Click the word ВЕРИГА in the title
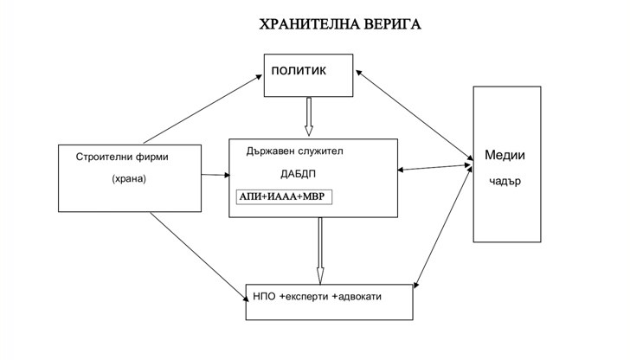[390, 23]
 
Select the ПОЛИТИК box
[310, 76]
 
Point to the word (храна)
[130, 179]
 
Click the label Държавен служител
[294, 151]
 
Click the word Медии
[505, 156]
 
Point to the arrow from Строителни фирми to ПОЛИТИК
[203, 108]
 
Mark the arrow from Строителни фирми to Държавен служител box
[216, 177]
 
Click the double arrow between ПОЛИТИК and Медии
[413, 116]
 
